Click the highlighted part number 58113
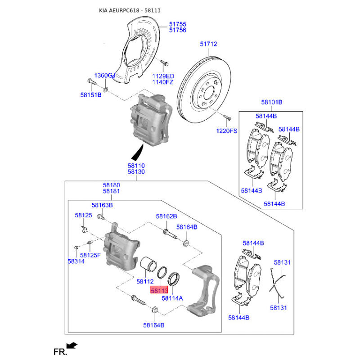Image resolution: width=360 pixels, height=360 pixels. tap(159, 290)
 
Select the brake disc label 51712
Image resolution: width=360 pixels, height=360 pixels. tap(208, 44)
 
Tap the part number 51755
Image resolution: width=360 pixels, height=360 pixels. tap(178, 24)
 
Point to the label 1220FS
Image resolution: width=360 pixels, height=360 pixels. tap(227, 131)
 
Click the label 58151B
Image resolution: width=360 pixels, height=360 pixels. tap(91, 95)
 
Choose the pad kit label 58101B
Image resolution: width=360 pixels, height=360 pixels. tap(272, 102)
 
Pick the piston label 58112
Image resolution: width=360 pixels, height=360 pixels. tap(145, 282)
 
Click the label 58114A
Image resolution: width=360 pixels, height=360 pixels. tap(172, 298)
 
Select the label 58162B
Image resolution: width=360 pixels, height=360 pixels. tap(166, 216)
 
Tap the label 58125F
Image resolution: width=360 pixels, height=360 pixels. tap(90, 255)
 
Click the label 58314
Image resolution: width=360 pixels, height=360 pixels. tap(76, 261)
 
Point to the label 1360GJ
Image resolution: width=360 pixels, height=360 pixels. tap(105, 75)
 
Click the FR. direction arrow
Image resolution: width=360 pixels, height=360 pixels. tap(72, 345)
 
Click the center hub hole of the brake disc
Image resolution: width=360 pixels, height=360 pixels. tap(209, 93)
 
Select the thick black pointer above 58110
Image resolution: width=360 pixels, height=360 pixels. tap(138, 152)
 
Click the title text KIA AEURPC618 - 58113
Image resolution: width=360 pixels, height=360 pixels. tap(130, 10)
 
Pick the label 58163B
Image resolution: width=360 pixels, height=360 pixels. tap(102, 205)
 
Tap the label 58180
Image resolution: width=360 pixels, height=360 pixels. tap(112, 185)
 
